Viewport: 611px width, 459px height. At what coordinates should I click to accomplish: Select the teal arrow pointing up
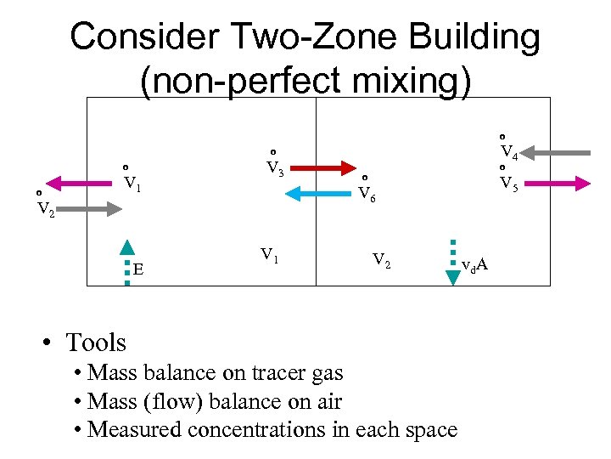coord(126,259)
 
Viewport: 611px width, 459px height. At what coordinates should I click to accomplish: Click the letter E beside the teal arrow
coord(137,270)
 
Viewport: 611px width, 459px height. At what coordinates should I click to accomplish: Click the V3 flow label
coord(273,167)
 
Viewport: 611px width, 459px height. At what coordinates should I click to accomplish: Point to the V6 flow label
coord(366,192)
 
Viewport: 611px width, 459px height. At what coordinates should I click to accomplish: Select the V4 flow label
coord(508,151)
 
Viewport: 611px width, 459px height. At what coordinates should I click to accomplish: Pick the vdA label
coord(474,265)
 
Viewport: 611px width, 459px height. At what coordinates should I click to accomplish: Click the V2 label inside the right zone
coord(381,260)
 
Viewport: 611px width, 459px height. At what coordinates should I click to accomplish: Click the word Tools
coord(95,343)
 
